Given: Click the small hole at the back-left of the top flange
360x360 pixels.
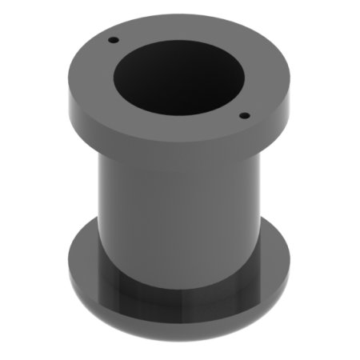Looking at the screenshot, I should [114, 39].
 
